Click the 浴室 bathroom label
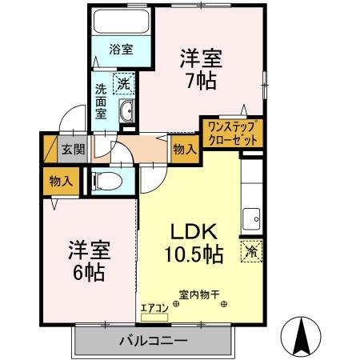[x=122, y=48]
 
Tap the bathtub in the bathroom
[x=122, y=22]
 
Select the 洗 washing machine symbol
[x=125, y=82]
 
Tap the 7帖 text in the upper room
[x=200, y=80]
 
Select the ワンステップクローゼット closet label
[x=232, y=132]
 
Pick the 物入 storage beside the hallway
[x=184, y=149]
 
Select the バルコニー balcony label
[x=154, y=342]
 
